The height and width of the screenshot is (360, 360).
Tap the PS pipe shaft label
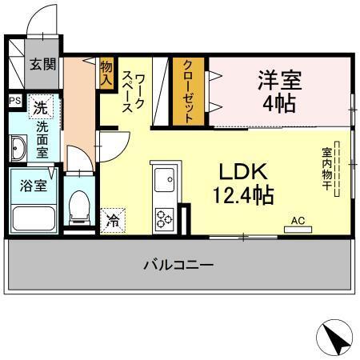point(14,102)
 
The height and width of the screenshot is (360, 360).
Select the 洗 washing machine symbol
point(39,105)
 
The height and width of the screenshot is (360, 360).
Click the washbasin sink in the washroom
point(18,148)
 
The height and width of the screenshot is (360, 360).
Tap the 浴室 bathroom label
point(33,185)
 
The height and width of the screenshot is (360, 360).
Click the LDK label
point(233,172)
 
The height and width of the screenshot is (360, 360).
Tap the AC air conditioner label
point(298,220)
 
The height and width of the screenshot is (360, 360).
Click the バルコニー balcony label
point(178,265)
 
